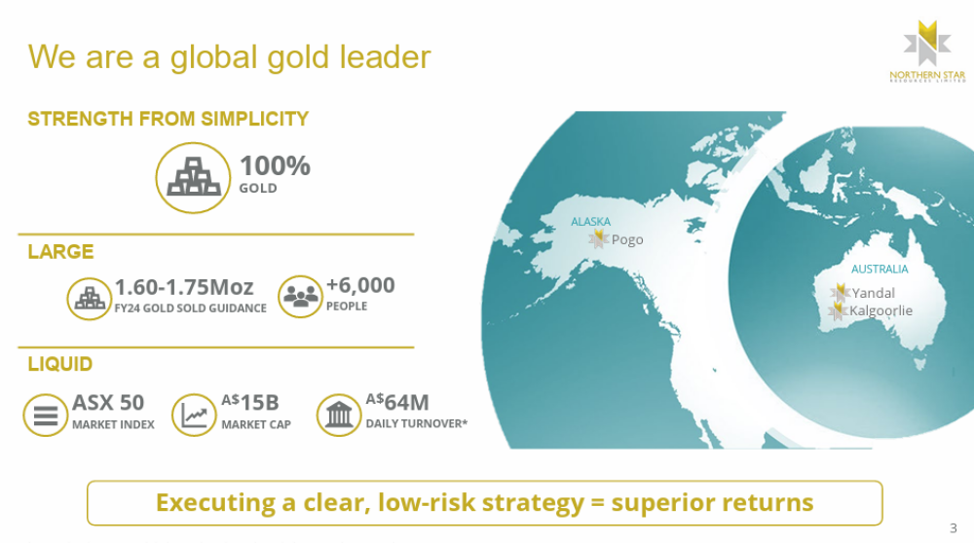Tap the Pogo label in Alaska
(626, 239)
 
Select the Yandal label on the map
(873, 293)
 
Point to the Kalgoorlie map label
(880, 310)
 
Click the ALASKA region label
(590, 222)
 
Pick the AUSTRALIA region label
(879, 269)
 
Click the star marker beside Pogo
(598, 239)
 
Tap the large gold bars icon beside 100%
(193, 177)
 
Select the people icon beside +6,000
(300, 297)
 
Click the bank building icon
(339, 415)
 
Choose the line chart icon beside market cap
(194, 415)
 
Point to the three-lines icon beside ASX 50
(46, 415)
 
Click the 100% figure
(275, 165)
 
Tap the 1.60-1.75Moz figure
(184, 287)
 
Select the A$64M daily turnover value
(397, 402)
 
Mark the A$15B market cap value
(250, 402)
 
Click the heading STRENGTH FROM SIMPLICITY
(168, 119)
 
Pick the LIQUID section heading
(60, 364)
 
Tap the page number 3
(953, 528)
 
